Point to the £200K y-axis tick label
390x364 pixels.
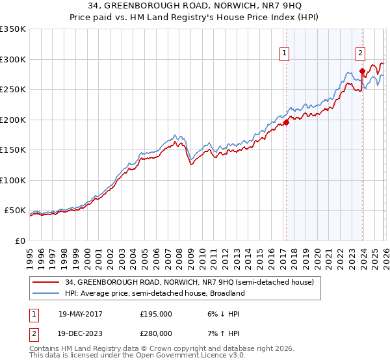pyautogui.click(x=13, y=120)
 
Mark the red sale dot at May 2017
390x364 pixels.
pyautogui.click(x=286, y=122)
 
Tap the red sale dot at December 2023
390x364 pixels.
pyautogui.click(x=361, y=71)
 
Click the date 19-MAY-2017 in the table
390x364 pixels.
pyautogui.click(x=81, y=314)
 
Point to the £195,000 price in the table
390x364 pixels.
pyautogui.click(x=156, y=314)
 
